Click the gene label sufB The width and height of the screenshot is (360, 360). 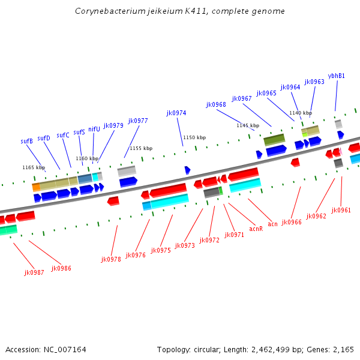(x=26, y=142)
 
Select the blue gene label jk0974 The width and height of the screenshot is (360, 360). (x=176, y=113)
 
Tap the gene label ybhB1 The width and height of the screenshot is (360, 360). (x=336, y=76)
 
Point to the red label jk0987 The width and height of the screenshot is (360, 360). (x=34, y=272)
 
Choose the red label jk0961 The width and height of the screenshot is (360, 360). (x=341, y=210)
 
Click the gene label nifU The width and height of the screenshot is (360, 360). (x=94, y=129)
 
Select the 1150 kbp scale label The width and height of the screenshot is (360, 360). (x=194, y=137)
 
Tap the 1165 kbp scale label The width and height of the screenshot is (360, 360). (x=34, y=167)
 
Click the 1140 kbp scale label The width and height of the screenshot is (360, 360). (x=301, y=113)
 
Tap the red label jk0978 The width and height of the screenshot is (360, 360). (x=111, y=259)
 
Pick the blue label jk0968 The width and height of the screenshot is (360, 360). (x=216, y=104)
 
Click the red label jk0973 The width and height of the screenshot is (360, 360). (x=185, y=245)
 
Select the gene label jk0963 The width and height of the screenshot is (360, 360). (x=314, y=82)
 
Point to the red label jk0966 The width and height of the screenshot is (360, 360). (x=292, y=222)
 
